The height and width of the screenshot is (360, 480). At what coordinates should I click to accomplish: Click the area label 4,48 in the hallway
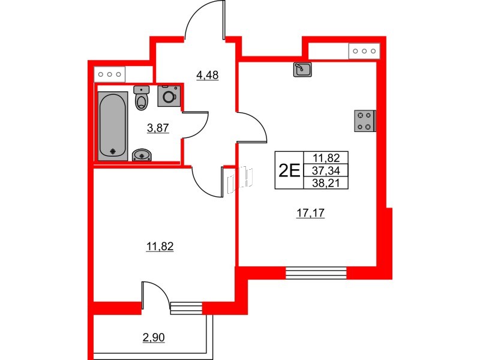coord(208,75)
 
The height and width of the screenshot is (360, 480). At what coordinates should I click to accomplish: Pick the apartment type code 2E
coord(289,170)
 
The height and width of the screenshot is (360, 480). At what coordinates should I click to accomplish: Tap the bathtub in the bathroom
coord(113,125)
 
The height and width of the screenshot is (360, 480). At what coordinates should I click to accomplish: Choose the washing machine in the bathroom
coord(168,96)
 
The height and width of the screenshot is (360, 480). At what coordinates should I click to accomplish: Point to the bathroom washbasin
coord(142,155)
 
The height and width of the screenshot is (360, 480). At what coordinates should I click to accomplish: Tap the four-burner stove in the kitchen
coord(365,121)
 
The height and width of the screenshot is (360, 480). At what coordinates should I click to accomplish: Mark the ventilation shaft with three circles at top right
coord(364,52)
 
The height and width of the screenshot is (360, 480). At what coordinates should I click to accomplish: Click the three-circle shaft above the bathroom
coord(110,74)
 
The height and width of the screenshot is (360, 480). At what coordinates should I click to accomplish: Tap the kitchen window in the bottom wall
coord(316,272)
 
